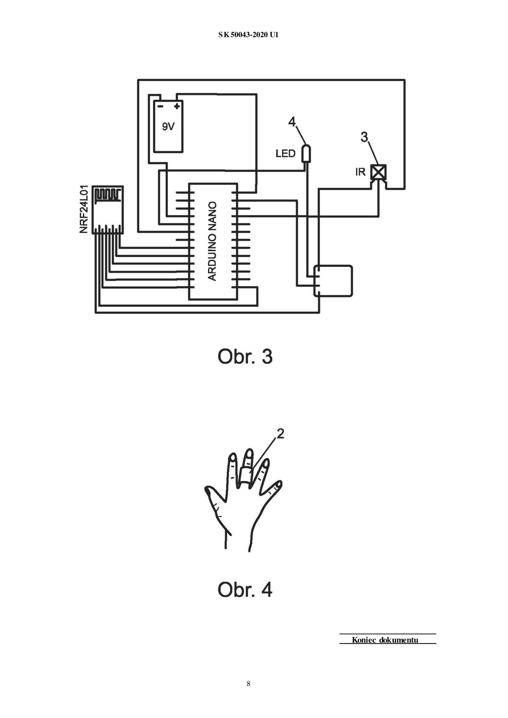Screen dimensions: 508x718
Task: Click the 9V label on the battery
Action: [168, 127]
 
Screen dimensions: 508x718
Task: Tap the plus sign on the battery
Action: [177, 105]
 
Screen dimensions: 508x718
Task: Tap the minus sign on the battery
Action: [160, 106]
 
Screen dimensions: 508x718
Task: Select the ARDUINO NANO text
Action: [212, 241]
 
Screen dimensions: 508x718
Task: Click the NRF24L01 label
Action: [84, 210]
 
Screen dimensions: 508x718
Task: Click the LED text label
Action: [286, 154]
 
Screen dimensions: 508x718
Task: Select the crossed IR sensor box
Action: [379, 172]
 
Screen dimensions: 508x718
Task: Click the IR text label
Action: [360, 172]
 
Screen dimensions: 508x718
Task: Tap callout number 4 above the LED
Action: [292, 122]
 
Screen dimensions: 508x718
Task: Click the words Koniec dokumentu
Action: [385, 640]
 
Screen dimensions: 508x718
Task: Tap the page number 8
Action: [248, 683]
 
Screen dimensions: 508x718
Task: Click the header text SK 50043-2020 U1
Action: [248, 35]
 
